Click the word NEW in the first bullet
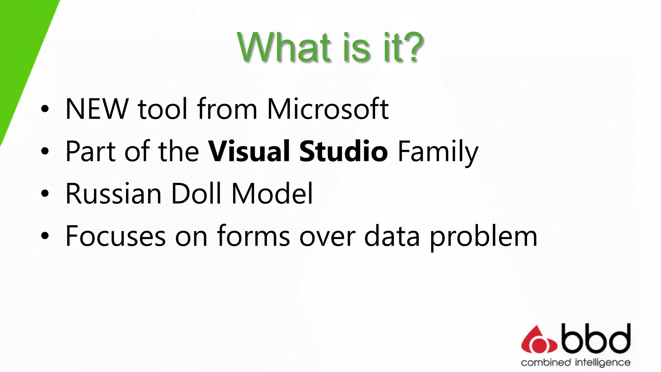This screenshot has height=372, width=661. point(97,109)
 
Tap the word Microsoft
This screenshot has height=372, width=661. point(328,109)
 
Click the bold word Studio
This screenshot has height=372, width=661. point(343,151)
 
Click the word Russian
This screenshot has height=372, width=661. point(113,194)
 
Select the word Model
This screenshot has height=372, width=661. point(272,194)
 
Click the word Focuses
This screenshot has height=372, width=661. point(116,236)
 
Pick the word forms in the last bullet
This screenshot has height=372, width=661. point(253,236)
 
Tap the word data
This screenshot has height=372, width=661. point(392,236)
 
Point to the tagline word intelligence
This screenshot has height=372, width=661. point(602,363)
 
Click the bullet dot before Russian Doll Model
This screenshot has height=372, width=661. point(45,194)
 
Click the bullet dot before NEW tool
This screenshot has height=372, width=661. point(45,109)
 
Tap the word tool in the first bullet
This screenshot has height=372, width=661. point(162,109)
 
